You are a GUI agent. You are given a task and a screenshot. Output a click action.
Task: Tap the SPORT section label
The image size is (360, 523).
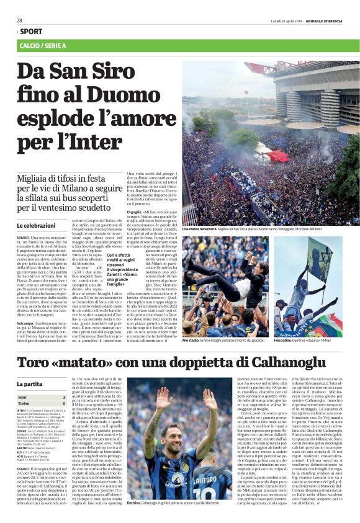pyautogui.click(x=30, y=31)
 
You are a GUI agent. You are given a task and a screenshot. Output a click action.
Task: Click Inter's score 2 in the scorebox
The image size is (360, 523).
pyautogui.click(x=63, y=396)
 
